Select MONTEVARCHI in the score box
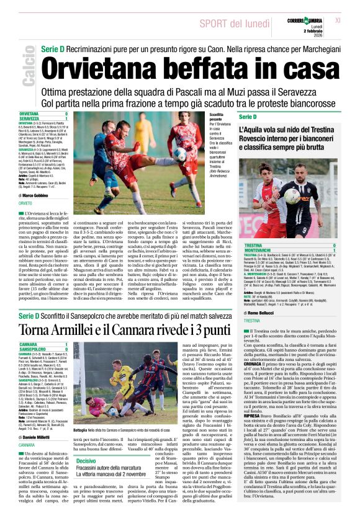[x=256, y=249]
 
